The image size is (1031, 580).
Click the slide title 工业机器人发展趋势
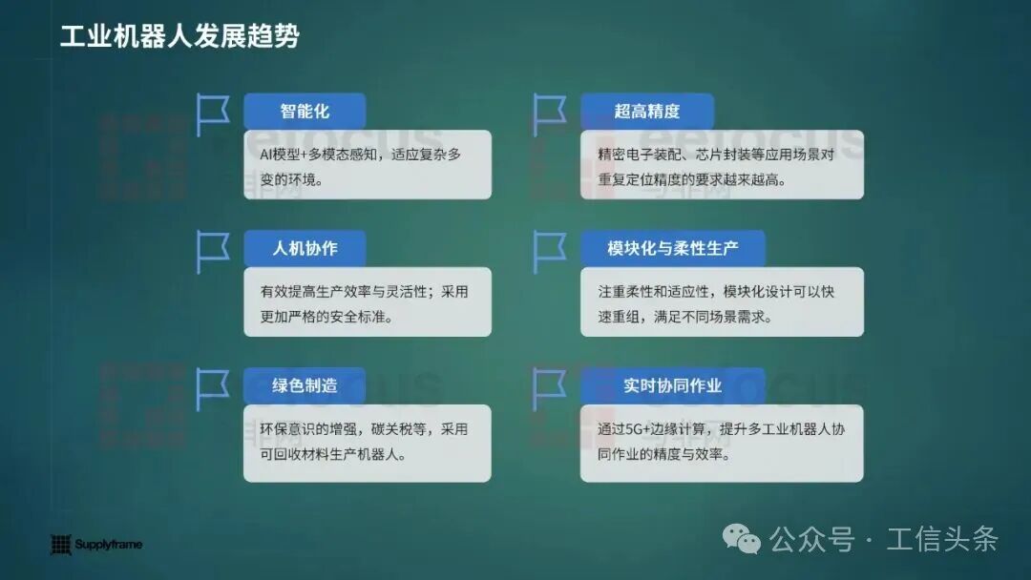[179, 36]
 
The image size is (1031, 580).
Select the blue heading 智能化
[305, 111]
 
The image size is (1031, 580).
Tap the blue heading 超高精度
[646, 111]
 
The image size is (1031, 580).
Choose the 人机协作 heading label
[305, 248]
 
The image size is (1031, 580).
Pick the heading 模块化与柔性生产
[672, 248]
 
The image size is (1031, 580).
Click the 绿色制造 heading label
[305, 385]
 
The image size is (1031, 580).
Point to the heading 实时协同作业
[672, 385]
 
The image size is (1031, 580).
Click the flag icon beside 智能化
[212, 114]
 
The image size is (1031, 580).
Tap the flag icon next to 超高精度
[548, 114]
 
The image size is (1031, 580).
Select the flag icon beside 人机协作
[212, 252]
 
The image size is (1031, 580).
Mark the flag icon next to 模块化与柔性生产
[548, 252]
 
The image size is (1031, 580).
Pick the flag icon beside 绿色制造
[212, 389]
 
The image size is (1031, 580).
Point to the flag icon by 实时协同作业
[548, 389]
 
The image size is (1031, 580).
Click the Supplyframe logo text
[109, 545]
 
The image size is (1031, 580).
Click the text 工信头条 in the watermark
[942, 539]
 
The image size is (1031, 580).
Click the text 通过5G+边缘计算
[653, 430]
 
